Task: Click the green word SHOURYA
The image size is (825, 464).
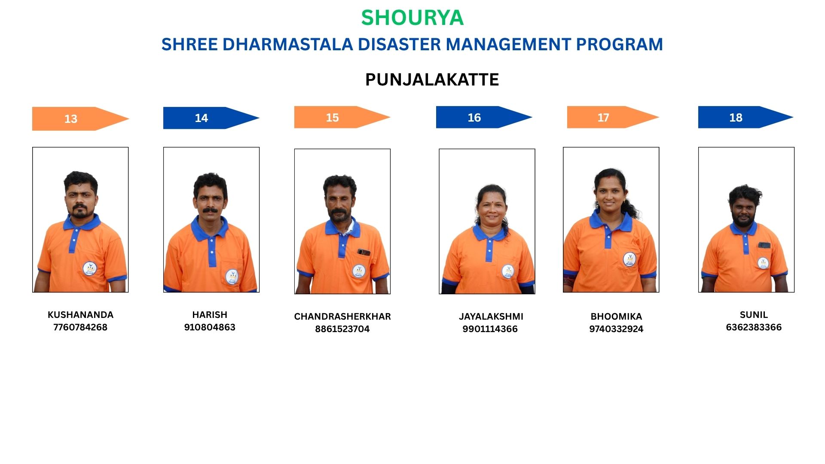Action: click(412, 18)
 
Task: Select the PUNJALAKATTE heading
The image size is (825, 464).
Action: click(432, 79)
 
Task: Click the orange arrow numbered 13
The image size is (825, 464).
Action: click(81, 119)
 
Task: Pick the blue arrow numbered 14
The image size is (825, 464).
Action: click(211, 118)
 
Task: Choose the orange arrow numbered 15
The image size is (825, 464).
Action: click(342, 117)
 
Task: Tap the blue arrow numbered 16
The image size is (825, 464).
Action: click(484, 117)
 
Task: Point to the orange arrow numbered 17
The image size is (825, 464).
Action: click(613, 117)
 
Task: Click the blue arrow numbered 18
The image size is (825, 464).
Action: click(746, 117)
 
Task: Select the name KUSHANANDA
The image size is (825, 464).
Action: click(80, 314)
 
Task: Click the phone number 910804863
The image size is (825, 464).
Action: click(210, 327)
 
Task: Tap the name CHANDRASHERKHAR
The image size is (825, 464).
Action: click(342, 316)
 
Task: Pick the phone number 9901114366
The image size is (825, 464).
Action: click(490, 329)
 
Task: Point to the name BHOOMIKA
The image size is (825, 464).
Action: click(616, 316)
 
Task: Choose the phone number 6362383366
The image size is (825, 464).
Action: click(754, 327)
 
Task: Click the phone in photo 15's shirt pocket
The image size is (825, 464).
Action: click(364, 252)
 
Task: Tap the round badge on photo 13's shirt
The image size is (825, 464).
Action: click(89, 269)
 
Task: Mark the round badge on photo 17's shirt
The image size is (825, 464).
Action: click(629, 259)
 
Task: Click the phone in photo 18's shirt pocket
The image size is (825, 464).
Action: click(764, 245)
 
